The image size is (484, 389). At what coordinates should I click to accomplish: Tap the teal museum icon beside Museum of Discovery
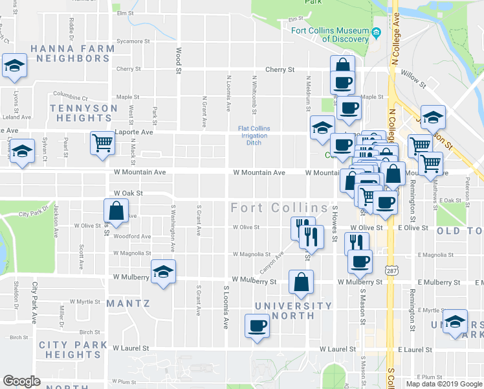[x=375, y=33]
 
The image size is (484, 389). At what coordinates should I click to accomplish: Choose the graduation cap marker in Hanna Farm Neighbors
[x=14, y=65]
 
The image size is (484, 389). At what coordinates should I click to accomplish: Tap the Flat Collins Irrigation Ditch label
[x=254, y=136]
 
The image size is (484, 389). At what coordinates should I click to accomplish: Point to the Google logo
[x=22, y=381]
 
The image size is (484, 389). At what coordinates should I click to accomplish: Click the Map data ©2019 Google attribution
[x=443, y=384]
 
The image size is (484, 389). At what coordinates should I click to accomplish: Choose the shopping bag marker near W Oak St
[x=115, y=211]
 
